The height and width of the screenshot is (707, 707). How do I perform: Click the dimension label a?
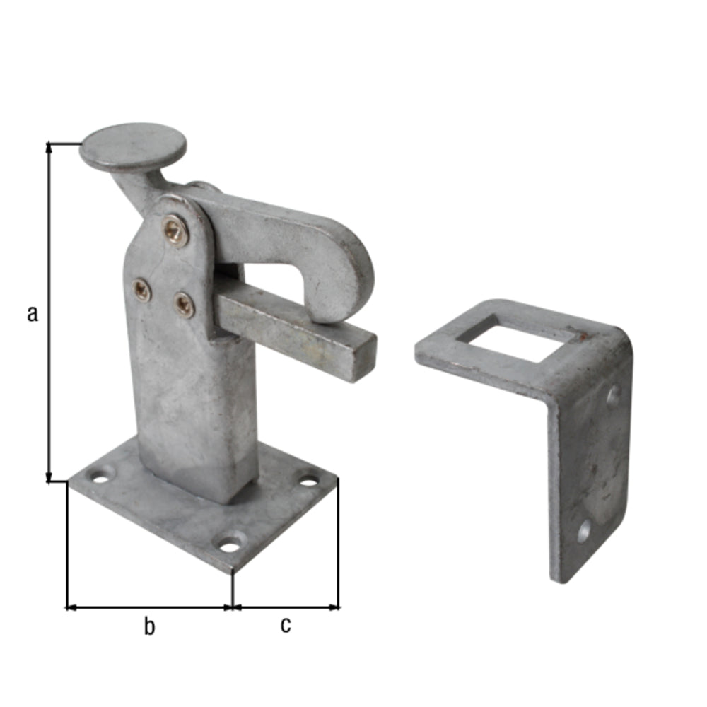tap(33, 313)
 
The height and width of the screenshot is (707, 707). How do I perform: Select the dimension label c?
tap(286, 624)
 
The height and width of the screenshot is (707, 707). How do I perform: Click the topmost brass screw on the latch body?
tap(175, 231)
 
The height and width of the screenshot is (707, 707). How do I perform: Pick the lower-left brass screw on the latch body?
tap(141, 290)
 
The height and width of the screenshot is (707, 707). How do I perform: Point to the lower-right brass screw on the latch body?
tap(185, 304)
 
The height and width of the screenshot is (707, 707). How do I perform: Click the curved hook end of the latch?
tap(343, 275)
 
